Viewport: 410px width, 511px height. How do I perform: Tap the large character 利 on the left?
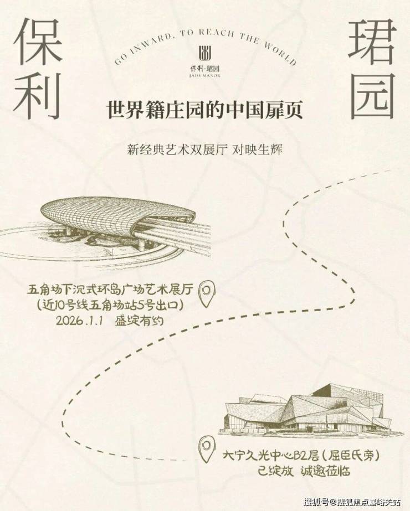pos(38,95)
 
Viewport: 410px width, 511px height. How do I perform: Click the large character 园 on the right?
pos(372,96)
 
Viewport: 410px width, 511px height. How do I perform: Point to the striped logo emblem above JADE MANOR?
pos(205,54)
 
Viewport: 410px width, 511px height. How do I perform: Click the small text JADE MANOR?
pos(205,76)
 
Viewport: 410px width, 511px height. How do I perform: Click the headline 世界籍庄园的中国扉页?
pos(205,110)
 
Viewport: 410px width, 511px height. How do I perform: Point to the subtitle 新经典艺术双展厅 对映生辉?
pos(205,150)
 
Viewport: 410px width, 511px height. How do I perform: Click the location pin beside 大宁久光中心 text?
pos(207,450)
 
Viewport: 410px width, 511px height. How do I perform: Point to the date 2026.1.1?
pos(80,321)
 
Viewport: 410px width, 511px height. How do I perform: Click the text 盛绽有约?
pos(139,321)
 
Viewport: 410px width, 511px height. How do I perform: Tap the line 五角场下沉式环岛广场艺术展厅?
pos(111,290)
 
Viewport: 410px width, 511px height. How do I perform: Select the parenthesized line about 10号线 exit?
pos(111,305)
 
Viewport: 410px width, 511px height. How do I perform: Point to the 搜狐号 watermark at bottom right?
pos(352,502)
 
